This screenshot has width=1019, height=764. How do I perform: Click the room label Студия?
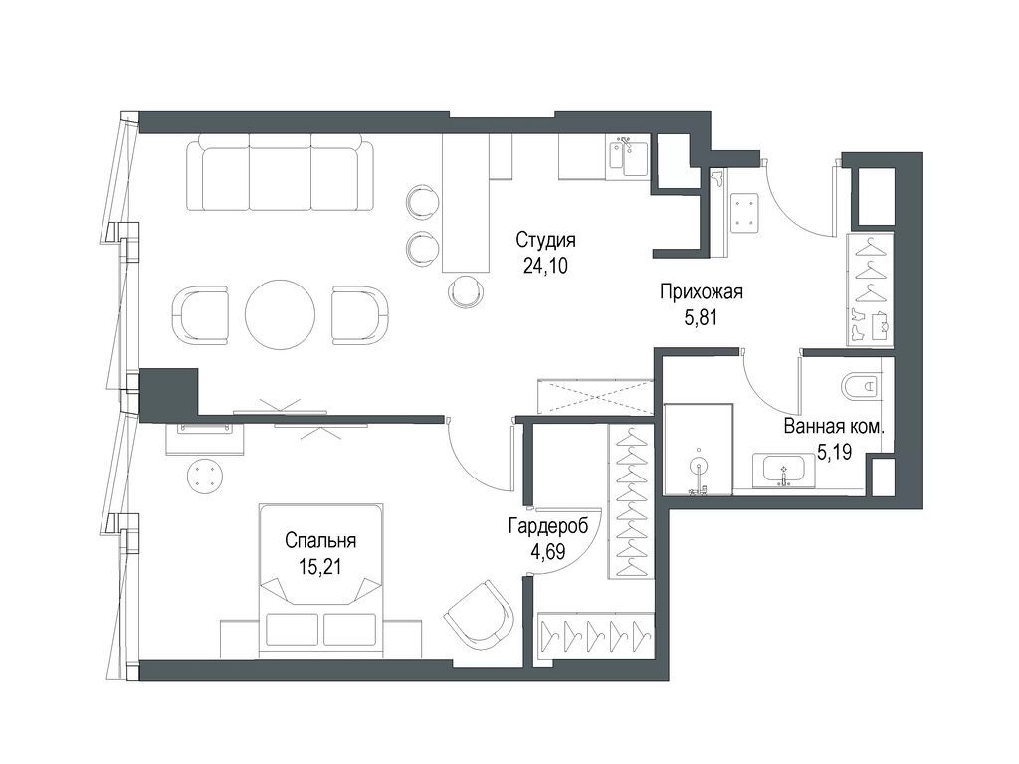coord(546,241)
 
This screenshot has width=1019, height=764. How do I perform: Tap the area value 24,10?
coord(546,265)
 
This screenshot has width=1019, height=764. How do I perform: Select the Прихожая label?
coord(702,292)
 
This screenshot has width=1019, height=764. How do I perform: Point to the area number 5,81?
coord(701,317)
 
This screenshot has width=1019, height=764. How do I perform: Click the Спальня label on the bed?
coord(320,540)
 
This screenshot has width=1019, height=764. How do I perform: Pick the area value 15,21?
coord(319,566)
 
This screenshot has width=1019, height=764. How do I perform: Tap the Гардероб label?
coord(548,525)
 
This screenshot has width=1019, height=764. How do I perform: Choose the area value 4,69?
coord(548,551)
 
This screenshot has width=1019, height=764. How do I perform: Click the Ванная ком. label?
coord(835,427)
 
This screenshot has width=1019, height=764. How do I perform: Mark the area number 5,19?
coord(835,452)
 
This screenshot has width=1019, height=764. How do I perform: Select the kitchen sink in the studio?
coord(628,158)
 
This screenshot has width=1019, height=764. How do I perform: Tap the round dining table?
coord(280,314)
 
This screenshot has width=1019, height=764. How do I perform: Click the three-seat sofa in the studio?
coord(280,172)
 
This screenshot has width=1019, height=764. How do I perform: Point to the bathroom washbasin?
coord(785,471)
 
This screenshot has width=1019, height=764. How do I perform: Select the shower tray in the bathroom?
coord(698,450)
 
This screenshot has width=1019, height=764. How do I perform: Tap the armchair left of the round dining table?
coord(201,315)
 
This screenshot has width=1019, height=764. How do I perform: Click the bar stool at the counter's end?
coord(467,291)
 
